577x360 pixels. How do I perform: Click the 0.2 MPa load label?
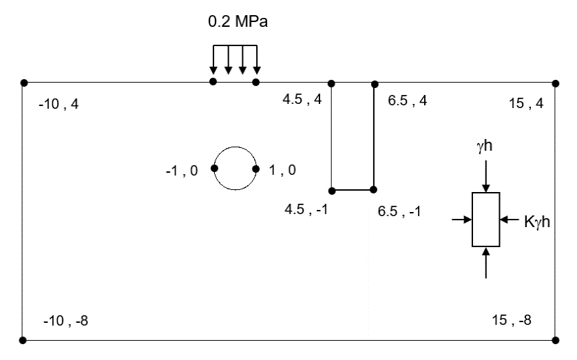pyautogui.click(x=238, y=22)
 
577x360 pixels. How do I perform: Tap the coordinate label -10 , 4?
pyautogui.click(x=59, y=104)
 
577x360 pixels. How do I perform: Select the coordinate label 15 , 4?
pyautogui.click(x=526, y=103)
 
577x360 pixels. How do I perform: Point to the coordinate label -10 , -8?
pyautogui.click(x=66, y=321)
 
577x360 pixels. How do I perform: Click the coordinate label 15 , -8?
pyautogui.click(x=512, y=320)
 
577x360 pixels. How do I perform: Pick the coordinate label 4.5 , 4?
pyautogui.click(x=302, y=99)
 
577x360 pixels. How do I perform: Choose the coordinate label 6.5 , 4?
pyautogui.click(x=408, y=100)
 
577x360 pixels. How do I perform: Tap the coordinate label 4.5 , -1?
pyautogui.click(x=306, y=209)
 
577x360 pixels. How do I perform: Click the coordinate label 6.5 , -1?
pyautogui.click(x=399, y=211)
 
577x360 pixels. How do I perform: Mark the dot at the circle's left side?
pyautogui.click(x=214, y=169)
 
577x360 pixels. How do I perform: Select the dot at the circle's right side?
pyautogui.click(x=255, y=169)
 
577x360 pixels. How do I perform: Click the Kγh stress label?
pyautogui.click(x=537, y=222)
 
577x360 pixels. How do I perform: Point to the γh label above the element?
pyautogui.click(x=484, y=146)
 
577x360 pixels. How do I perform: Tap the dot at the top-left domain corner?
pyautogui.click(x=24, y=83)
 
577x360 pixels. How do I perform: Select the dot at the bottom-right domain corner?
pyautogui.click(x=555, y=340)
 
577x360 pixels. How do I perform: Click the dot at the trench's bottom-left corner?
pyautogui.click(x=332, y=191)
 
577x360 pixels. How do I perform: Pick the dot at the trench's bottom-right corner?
pyautogui.click(x=373, y=190)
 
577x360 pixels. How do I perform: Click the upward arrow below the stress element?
pyautogui.click(x=485, y=263)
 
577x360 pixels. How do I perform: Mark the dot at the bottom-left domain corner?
pyautogui.click(x=23, y=340)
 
